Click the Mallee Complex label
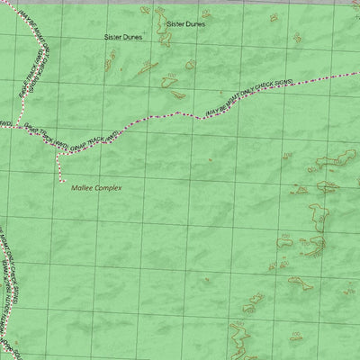(96, 187)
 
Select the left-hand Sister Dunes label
(123, 38)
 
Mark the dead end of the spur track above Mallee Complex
(58, 177)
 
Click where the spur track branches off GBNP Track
(58, 152)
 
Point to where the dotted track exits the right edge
(358, 73)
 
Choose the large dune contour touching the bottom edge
(238, 342)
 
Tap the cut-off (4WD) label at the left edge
(4, 121)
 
